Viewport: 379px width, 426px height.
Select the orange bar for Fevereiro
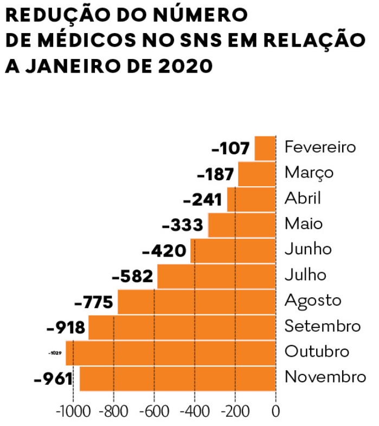[x=265, y=148]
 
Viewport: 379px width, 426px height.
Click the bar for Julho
[x=216, y=276]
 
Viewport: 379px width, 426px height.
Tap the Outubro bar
[x=171, y=352]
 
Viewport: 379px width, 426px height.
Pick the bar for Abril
[x=251, y=199]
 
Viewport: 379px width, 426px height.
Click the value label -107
[x=231, y=148]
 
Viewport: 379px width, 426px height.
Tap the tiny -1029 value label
[x=54, y=353]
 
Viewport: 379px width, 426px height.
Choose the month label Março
[x=309, y=173]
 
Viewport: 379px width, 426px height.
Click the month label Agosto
[x=313, y=300]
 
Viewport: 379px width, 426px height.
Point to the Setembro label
[x=322, y=326]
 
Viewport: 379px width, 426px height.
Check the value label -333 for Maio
[x=183, y=225]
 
